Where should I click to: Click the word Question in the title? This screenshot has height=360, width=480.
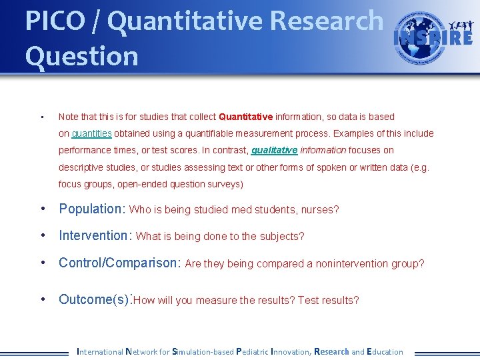(x=81, y=56)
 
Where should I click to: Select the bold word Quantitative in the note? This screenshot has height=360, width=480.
(x=246, y=117)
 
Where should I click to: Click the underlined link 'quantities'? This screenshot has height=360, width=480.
(x=91, y=133)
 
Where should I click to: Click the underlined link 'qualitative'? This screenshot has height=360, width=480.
(x=274, y=150)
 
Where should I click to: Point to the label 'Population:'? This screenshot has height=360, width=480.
(x=92, y=209)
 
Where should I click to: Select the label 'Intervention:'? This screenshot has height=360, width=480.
(x=96, y=235)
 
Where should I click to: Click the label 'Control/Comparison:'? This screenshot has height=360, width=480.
(x=120, y=263)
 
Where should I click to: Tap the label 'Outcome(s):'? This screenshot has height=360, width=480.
(x=95, y=299)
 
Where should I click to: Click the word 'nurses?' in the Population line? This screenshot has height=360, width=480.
(x=321, y=210)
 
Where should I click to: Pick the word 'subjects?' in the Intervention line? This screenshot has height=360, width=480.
(x=283, y=237)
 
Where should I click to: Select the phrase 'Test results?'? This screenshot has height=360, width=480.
(x=329, y=301)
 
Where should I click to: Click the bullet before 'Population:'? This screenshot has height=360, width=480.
(x=43, y=209)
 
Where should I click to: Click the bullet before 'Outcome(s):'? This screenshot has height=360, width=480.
(x=43, y=299)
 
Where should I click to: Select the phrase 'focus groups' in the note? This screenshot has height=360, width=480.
(x=86, y=184)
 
